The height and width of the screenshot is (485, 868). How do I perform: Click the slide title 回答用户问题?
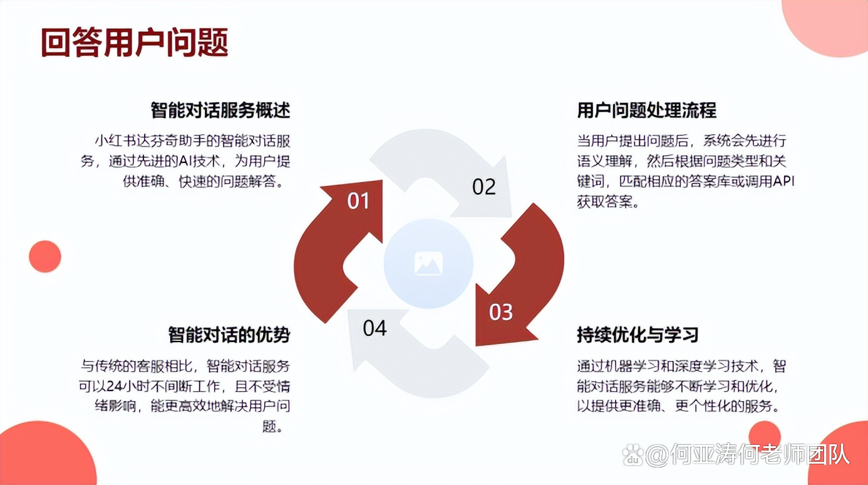click(135, 43)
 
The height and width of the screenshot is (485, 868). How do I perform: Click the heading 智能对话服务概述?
click(220, 110)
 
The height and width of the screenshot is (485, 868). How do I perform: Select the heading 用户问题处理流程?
click(647, 110)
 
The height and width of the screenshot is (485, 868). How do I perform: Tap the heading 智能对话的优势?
click(229, 335)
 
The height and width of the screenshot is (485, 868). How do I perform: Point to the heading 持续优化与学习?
click(638, 335)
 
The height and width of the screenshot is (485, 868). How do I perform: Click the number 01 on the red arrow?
click(358, 201)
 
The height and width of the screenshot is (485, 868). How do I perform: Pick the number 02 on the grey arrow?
click(484, 187)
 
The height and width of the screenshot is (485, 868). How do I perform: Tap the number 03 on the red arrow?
click(500, 312)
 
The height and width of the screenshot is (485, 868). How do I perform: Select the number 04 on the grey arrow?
click(375, 328)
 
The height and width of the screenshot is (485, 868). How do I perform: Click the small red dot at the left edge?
click(45, 256)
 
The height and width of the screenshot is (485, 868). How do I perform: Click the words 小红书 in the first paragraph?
click(115, 141)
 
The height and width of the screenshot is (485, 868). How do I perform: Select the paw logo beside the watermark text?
click(633, 455)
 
